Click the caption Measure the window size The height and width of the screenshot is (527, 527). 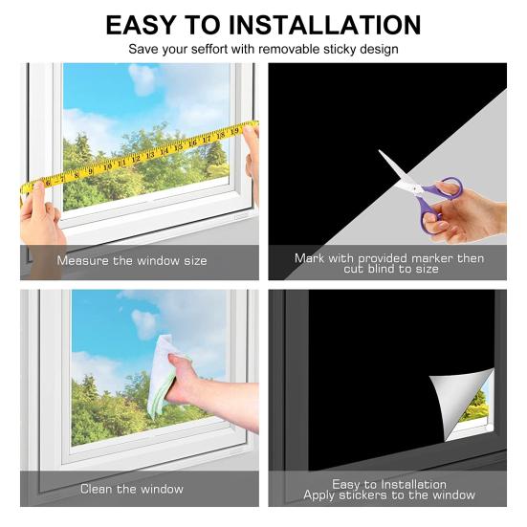[132, 260]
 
